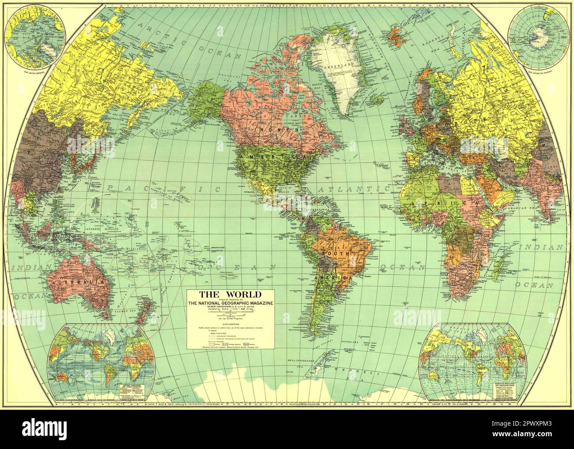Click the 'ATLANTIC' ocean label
click(353, 189)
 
